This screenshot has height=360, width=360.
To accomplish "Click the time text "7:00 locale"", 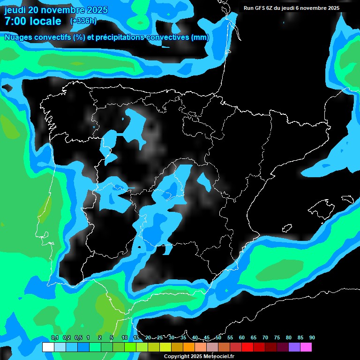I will click(x=33, y=21).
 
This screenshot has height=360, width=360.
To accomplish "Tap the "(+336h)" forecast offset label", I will click(x=83, y=21).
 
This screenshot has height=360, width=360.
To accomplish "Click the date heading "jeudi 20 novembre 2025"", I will click(x=56, y=10).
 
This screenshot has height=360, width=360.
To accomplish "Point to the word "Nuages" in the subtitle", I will click(x=17, y=37).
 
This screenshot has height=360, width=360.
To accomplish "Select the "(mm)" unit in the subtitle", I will click(x=200, y=37).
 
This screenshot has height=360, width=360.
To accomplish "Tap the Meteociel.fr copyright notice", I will click(x=199, y=356).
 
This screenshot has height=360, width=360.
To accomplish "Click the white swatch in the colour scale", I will click(x=48, y=347).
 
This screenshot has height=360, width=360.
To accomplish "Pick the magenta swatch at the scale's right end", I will click(x=306, y=347).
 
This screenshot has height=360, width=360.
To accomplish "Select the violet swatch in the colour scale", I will click(x=294, y=347).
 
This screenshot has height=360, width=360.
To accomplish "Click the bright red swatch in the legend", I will click(x=247, y=347).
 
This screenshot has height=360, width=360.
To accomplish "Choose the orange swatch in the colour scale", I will click(x=189, y=347).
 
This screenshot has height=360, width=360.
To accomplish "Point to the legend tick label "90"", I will click(x=312, y=337).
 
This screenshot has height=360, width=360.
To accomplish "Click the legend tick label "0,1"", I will click(x=54, y=337).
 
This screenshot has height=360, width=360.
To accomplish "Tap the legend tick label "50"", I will click(x=218, y=337).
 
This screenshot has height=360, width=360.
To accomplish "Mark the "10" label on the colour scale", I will click(x=124, y=337).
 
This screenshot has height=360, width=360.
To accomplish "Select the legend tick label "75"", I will click(x=277, y=337).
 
